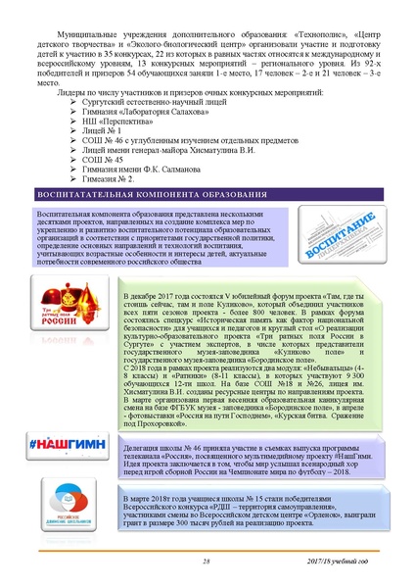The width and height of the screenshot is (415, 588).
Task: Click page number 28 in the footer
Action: [x=207, y=561]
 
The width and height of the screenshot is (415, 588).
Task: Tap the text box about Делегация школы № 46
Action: [x=245, y=426]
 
